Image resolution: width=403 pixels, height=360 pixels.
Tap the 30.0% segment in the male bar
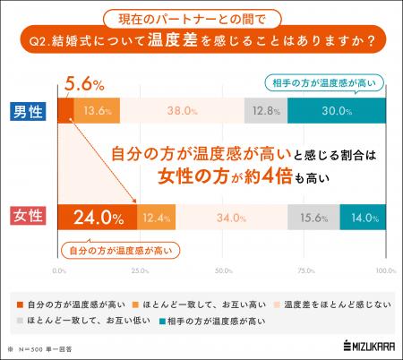pyautogui.click(x=337, y=112)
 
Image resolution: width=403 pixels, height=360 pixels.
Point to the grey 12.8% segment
pyautogui.click(x=265, y=112)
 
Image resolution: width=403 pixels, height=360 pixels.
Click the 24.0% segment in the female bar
pyautogui.click(x=98, y=218)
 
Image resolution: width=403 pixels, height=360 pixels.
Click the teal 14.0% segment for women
pyautogui.click(x=363, y=218)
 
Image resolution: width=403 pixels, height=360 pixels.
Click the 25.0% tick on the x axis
pyautogui.click(x=140, y=270)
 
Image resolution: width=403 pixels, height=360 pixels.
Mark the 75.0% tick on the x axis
pyautogui.click(x=304, y=270)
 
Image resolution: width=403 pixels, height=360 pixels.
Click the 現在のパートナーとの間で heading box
pyautogui.click(x=202, y=16)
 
